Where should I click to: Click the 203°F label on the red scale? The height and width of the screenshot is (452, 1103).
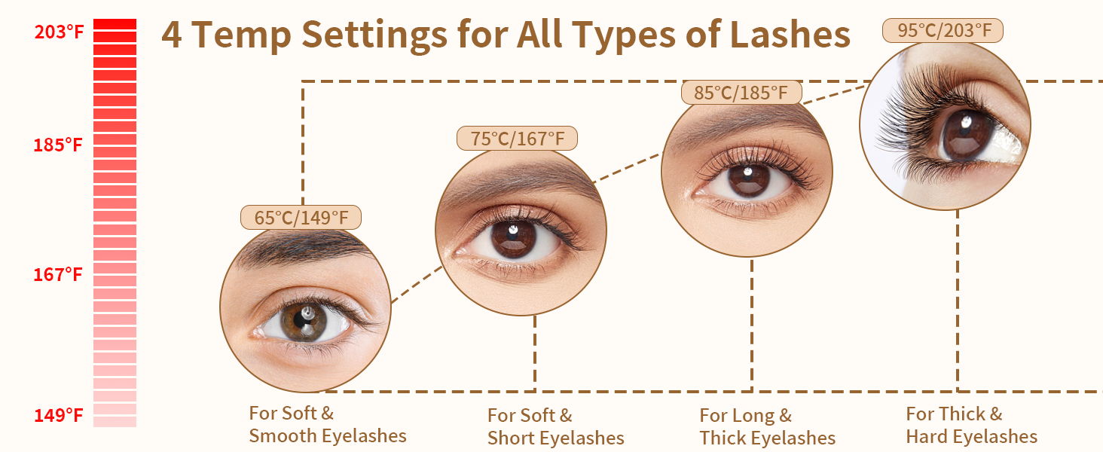coord(59,32)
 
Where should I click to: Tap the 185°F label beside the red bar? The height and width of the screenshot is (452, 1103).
coord(57,145)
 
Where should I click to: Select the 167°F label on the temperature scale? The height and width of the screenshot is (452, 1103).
coord(57,275)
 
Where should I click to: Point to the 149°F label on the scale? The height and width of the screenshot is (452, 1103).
coord(58,416)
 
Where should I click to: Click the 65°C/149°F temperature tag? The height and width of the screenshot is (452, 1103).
coord(301,217)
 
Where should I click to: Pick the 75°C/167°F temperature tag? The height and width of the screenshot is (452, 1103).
coord(517,139)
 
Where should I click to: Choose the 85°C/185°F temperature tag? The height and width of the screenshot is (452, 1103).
coord(741,93)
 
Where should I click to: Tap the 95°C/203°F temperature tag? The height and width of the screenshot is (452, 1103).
coord(943,31)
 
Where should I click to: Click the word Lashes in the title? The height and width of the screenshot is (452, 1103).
coord(790,35)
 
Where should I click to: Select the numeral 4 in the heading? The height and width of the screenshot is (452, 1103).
coord(171,35)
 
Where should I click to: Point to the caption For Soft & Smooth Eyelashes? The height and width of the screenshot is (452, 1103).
coord(328,424)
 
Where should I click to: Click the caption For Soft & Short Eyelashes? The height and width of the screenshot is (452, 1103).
coord(556,426)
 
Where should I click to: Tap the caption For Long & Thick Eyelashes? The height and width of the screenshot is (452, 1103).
coord(768,426)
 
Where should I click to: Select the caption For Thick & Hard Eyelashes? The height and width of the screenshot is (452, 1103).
coord(971,426)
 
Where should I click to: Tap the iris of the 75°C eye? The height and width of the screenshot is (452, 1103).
coord(514,238)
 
